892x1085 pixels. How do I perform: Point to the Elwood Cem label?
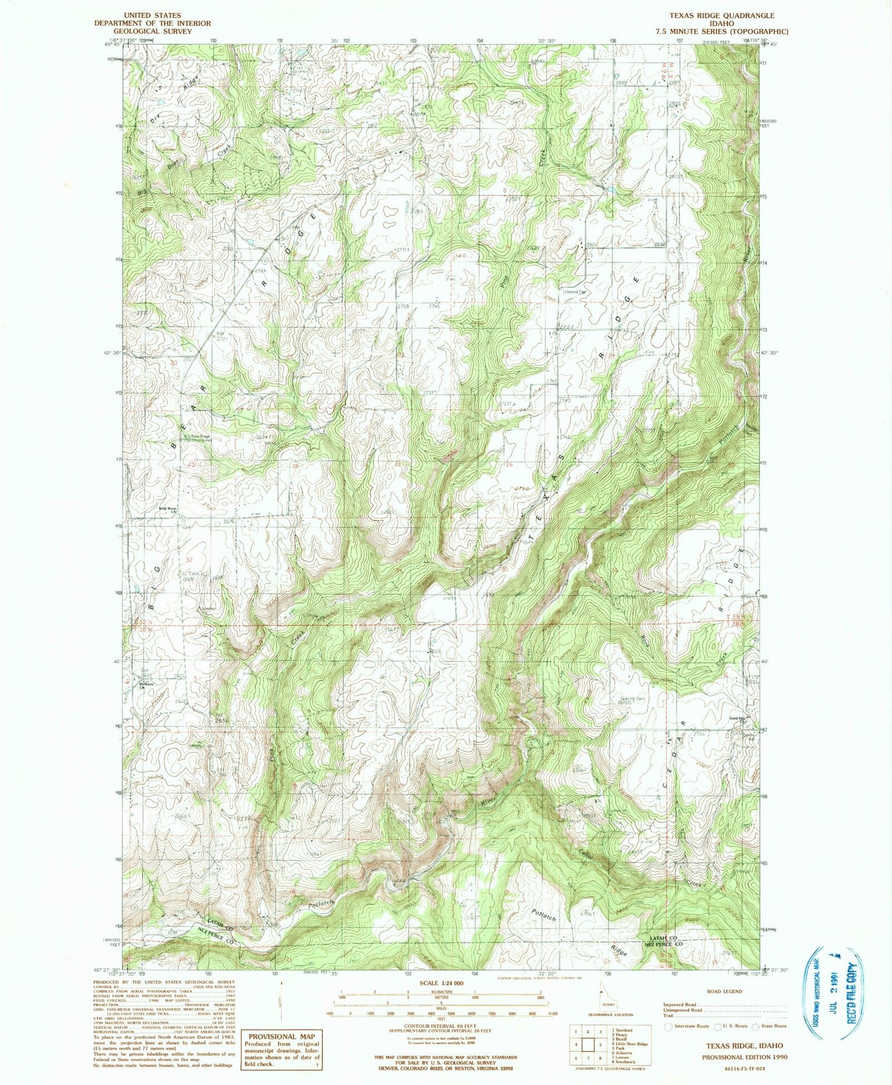[574, 293]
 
